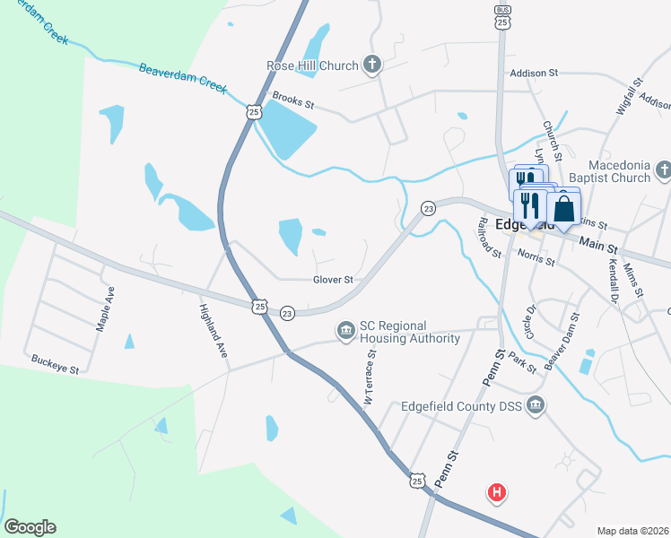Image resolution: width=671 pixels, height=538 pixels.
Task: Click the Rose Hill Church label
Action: (312, 65)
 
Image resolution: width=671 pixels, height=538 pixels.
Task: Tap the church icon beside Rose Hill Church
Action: (372, 65)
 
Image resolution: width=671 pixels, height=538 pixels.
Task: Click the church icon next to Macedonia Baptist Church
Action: (663, 169)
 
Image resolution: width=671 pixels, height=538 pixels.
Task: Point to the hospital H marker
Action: (496, 492)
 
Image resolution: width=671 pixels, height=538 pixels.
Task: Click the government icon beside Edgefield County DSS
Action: (536, 406)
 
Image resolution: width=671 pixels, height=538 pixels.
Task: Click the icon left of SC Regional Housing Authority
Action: (345, 332)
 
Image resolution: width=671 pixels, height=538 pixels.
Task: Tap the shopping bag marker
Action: (563, 209)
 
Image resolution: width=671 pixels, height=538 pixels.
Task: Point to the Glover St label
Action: (334, 280)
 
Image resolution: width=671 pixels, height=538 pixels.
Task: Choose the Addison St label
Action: (534, 73)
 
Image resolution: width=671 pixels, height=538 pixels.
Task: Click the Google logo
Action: (30, 527)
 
